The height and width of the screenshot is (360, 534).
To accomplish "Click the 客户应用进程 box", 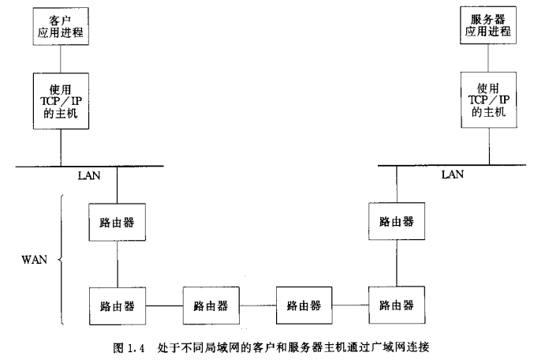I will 61,26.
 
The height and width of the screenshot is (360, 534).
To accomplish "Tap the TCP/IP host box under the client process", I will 61,100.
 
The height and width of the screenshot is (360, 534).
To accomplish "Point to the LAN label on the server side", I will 452,174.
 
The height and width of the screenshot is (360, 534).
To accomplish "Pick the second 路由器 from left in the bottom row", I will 211,305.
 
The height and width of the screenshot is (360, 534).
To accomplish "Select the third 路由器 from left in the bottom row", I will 303,305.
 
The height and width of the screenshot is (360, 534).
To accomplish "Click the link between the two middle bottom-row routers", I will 256,305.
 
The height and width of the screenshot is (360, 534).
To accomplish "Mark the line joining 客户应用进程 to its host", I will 61,58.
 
